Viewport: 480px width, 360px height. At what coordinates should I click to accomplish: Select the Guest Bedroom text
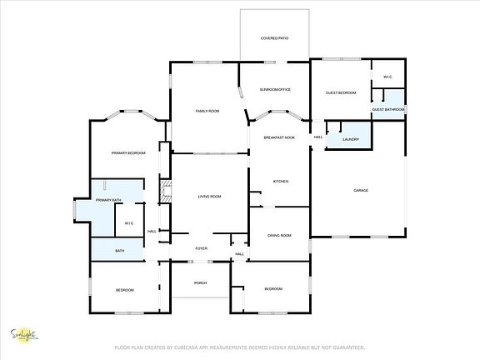(x=341, y=92)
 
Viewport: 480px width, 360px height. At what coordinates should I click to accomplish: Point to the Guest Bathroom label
(x=388, y=110)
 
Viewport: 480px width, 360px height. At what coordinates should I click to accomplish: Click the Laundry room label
(x=350, y=139)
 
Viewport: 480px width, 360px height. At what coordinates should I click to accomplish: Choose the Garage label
(x=361, y=190)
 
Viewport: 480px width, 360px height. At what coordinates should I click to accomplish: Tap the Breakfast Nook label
(x=279, y=137)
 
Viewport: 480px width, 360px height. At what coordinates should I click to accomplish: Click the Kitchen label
(x=281, y=181)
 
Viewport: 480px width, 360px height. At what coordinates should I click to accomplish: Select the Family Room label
(x=207, y=111)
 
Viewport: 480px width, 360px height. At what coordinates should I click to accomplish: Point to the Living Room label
(x=209, y=196)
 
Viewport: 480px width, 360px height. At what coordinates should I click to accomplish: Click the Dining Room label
(x=279, y=236)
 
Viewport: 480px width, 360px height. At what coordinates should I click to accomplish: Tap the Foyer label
(x=201, y=248)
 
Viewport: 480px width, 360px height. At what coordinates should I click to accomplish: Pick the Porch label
(x=200, y=283)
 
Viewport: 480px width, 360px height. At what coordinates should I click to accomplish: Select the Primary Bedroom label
(x=129, y=153)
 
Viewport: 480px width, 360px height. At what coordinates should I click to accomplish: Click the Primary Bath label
(x=109, y=201)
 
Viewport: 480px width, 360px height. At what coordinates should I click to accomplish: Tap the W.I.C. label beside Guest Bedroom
(x=387, y=77)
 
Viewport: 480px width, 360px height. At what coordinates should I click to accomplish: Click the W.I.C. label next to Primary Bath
(x=128, y=222)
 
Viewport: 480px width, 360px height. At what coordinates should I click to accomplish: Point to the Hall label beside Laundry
(x=318, y=137)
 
